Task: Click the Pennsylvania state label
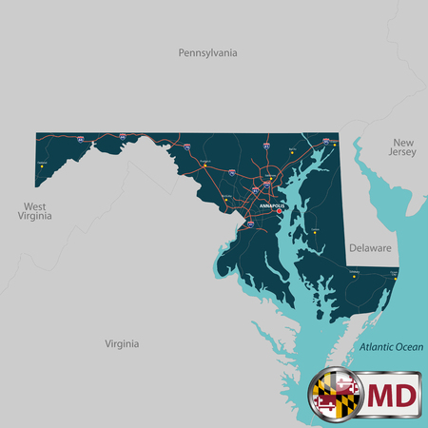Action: [x=207, y=53]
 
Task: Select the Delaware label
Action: [x=369, y=247]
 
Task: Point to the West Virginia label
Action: [x=34, y=211]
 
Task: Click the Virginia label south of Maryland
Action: [x=123, y=342]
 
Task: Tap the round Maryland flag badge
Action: [x=334, y=395]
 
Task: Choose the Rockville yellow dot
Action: [x=226, y=197]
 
